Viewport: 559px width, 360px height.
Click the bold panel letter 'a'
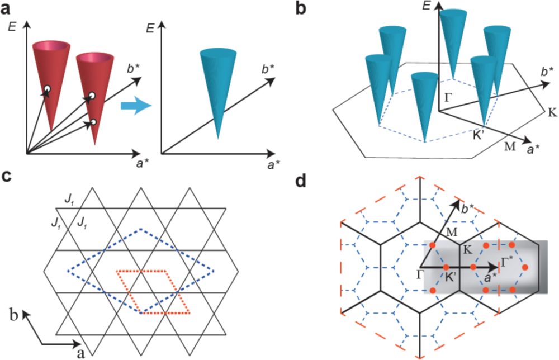(7, 9)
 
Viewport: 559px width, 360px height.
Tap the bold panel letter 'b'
(296, 9)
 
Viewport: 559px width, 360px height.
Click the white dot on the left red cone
(48, 89)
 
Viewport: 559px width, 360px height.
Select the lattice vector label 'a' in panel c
(79, 353)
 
